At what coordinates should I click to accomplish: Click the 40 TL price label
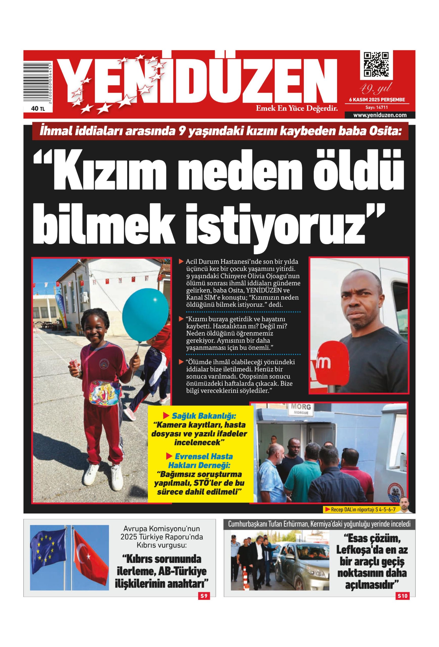point(38,109)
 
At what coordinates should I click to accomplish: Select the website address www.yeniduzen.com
point(380,115)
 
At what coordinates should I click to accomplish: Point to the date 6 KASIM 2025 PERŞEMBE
point(377,99)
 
